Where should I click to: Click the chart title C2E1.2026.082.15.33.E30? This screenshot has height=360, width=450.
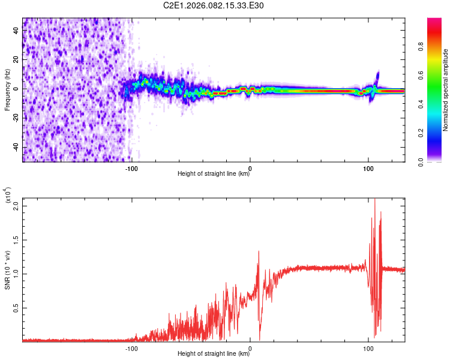point(214,6)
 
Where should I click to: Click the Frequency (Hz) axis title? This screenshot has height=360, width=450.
point(8,89)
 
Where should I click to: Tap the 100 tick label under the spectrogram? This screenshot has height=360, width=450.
point(368,169)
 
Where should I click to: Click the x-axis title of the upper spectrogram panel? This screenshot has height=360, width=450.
point(214,175)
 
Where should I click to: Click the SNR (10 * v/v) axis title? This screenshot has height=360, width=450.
point(8,268)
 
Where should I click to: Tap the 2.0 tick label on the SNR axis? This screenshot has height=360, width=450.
point(16,206)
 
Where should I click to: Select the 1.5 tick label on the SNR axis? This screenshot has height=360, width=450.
point(16,240)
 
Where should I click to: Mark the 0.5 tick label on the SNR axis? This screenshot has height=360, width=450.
point(16,308)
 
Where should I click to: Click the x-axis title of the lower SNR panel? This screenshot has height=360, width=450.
point(214,354)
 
